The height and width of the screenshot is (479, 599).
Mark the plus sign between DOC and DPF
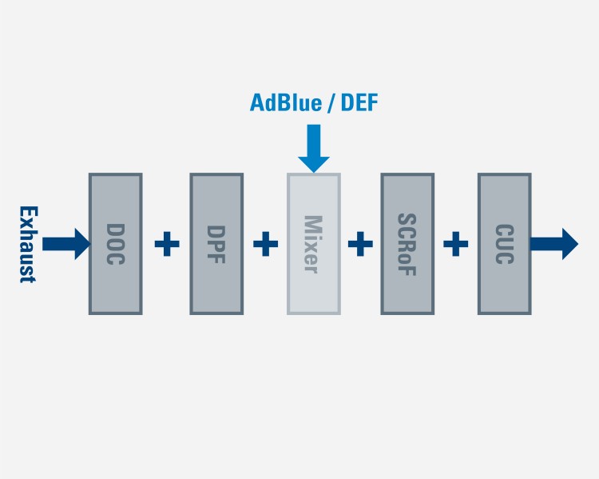point(166,244)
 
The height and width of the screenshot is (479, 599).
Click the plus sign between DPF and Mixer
point(265,244)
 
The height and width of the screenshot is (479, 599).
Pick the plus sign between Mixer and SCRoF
point(360,244)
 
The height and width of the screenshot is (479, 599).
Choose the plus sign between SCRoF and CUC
point(455,244)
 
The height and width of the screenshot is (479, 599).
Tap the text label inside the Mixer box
point(312,244)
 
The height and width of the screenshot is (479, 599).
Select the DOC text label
point(115,244)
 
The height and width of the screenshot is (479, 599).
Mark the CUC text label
point(504,244)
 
